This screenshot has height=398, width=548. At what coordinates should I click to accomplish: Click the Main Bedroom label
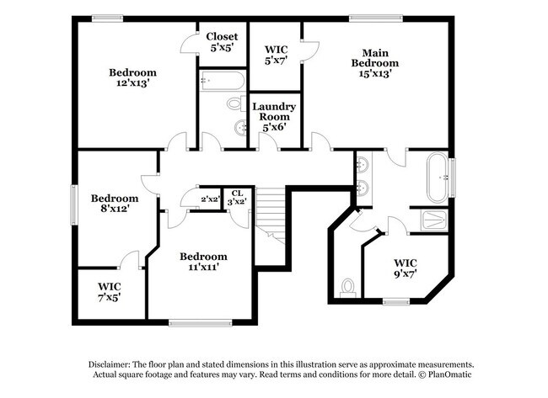pyautogui.click(x=374, y=56)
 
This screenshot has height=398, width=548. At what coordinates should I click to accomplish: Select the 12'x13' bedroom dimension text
pyautogui.click(x=132, y=83)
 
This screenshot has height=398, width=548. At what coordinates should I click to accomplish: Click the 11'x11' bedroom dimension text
pyautogui.click(x=203, y=268)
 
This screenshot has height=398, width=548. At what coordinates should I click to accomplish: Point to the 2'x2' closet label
pyautogui.click(x=210, y=199)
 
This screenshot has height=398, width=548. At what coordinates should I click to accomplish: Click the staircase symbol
pyautogui.click(x=272, y=211)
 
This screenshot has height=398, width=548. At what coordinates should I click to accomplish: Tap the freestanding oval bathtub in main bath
pyautogui.click(x=438, y=178)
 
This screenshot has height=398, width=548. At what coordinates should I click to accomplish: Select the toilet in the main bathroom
pyautogui.click(x=346, y=286)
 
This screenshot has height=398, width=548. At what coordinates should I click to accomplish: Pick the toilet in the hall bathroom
pyautogui.click(x=234, y=103)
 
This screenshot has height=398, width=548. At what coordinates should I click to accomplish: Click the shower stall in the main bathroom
pyautogui.click(x=433, y=221)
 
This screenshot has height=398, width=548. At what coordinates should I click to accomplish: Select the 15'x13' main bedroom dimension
pyautogui.click(x=374, y=73)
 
